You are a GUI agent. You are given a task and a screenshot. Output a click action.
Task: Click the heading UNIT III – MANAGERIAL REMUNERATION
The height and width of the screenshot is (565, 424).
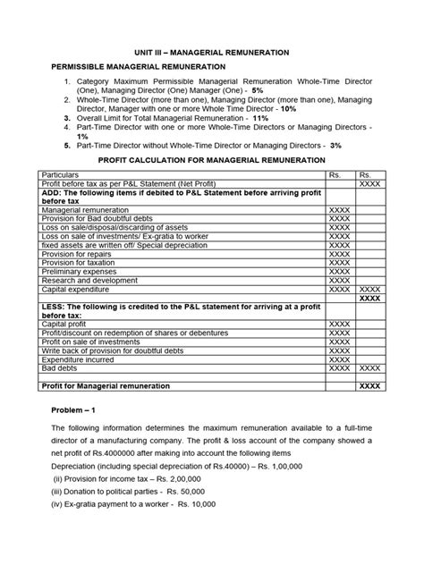point(211,53)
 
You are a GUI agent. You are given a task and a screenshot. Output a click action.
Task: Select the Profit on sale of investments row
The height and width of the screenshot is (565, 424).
point(92,342)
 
